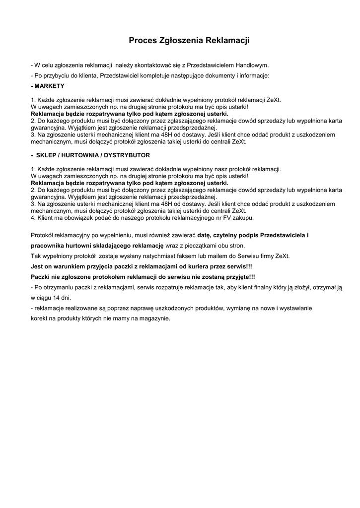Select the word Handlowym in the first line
(x=252, y=65)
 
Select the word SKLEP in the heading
(x=46, y=155)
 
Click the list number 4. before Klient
(x=33, y=218)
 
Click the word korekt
(x=39, y=318)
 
